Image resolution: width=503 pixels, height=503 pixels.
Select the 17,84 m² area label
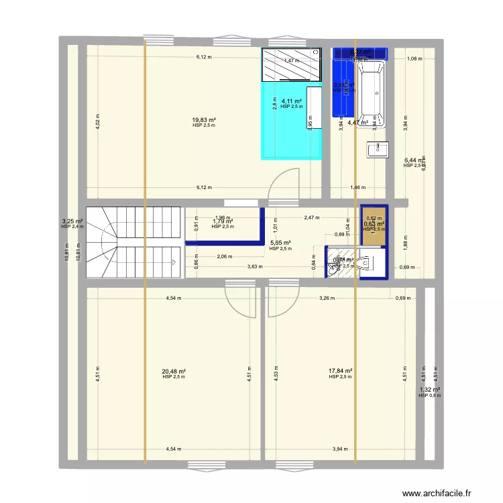341,371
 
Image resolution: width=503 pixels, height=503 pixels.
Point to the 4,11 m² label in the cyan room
292,101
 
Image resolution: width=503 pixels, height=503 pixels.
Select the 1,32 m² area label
430,390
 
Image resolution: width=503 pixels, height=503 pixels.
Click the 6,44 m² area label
414,160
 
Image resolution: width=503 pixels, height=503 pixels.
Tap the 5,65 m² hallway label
280,243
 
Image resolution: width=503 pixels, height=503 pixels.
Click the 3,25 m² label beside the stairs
72,221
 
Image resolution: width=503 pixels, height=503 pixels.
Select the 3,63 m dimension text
255,266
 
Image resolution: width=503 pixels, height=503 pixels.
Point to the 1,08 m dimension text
415,58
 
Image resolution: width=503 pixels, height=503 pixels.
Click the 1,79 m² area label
223,221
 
